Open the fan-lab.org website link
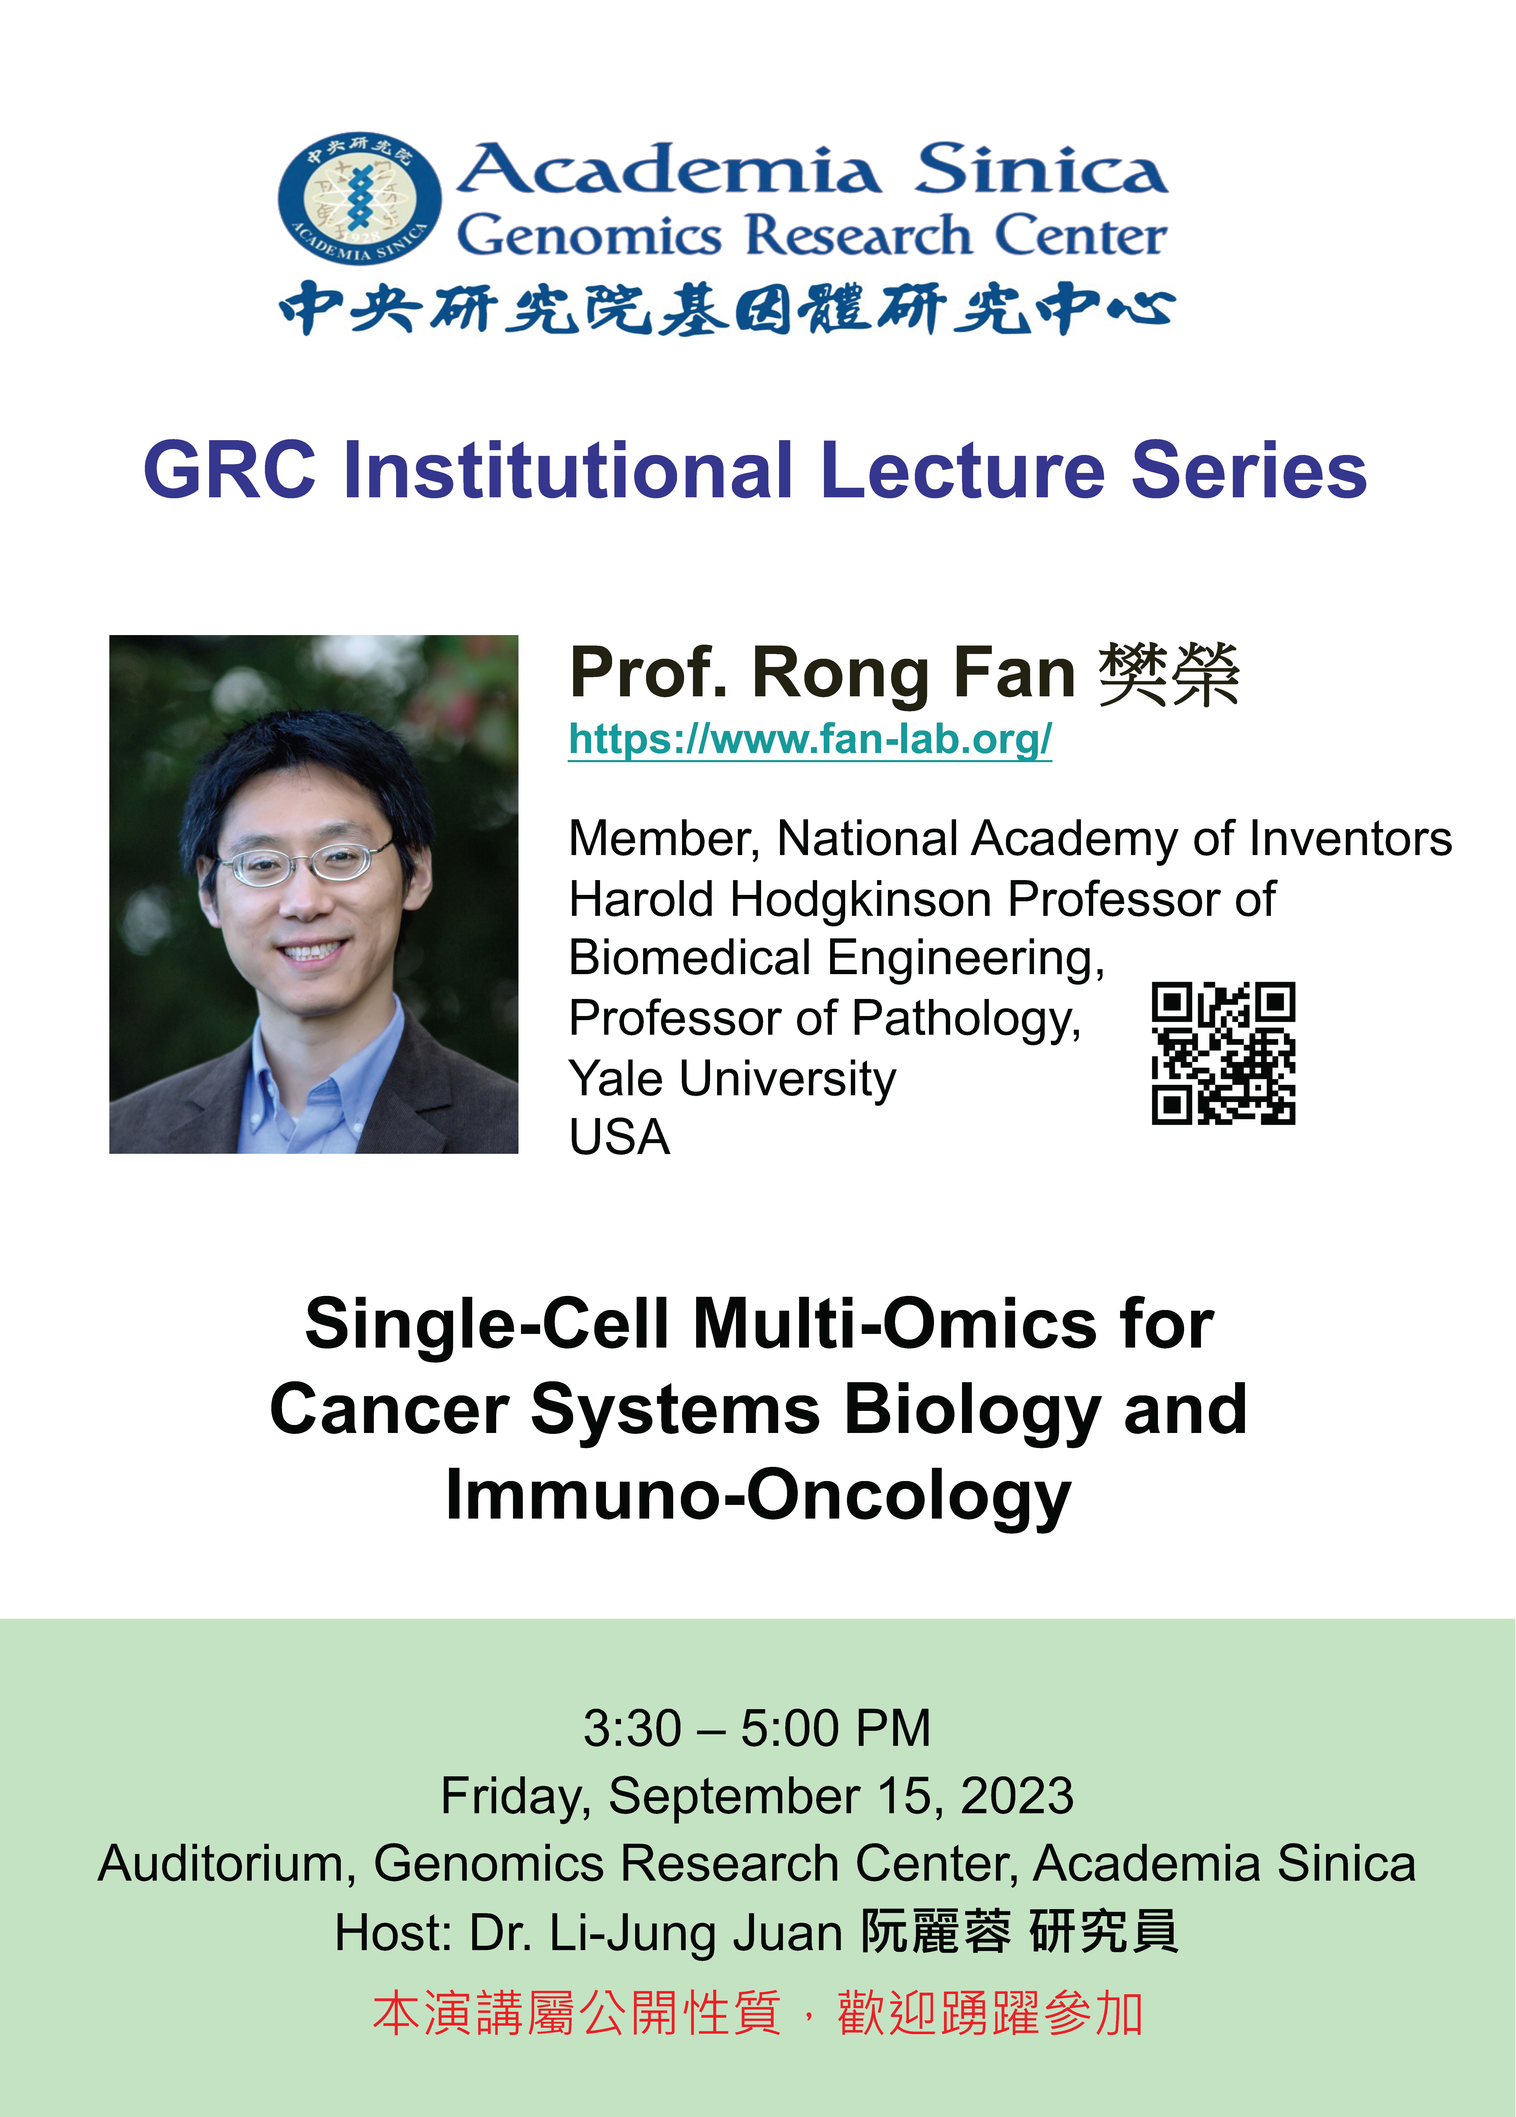[810, 740]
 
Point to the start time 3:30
[632, 1729]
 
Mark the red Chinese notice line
[758, 2013]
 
